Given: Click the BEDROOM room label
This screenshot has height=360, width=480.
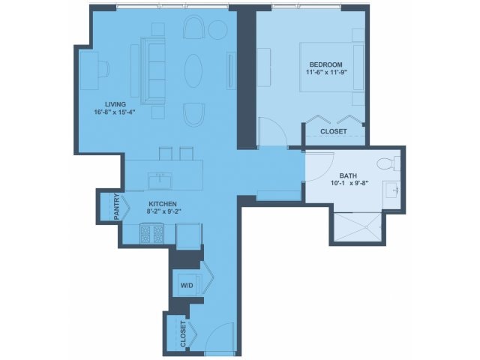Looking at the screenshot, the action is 325,64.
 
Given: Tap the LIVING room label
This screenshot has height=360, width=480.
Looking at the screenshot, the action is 115,104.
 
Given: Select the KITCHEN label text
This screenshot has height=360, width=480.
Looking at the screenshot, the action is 163,204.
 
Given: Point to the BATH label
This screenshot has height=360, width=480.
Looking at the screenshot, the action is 348,175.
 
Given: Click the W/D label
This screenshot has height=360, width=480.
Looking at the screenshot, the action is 187,286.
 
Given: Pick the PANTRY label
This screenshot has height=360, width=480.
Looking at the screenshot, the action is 117,207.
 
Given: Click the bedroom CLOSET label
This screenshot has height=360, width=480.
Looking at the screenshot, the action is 334,131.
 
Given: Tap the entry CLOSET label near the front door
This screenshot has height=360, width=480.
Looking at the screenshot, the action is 183,334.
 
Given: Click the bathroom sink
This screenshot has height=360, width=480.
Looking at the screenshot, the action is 391,190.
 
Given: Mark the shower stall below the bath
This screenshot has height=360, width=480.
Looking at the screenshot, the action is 358,227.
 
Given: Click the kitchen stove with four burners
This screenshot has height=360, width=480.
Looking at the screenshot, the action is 151,234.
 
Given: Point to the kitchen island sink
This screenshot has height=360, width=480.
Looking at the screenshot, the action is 160,181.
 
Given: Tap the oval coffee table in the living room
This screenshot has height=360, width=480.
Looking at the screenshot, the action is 193,71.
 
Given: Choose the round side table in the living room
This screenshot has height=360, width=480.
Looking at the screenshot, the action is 218,29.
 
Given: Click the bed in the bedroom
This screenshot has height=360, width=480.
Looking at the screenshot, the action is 331,67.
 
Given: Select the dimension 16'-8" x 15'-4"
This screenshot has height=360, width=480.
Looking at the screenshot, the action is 115,112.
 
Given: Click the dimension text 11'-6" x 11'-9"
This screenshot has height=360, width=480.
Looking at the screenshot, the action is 328,73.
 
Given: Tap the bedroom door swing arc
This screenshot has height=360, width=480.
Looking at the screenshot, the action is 277,128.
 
